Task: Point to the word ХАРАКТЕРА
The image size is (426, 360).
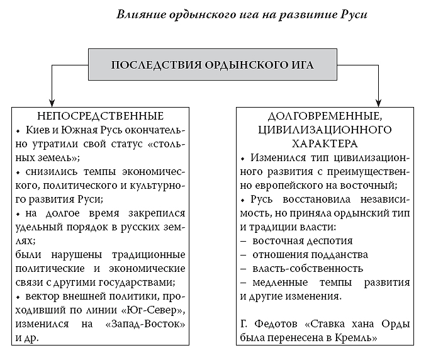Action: (325, 143)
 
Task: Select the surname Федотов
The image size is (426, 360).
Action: (276, 324)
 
